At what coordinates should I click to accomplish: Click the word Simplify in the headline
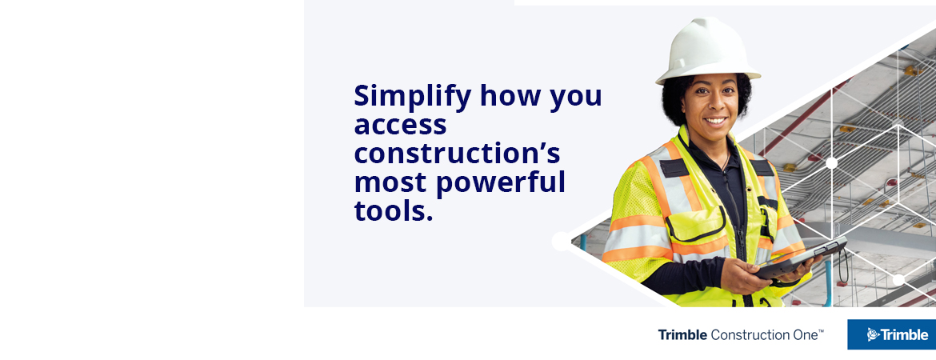(412, 96)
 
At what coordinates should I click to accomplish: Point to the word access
(400, 126)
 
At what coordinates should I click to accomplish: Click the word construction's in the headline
(457, 154)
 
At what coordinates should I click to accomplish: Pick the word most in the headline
(390, 182)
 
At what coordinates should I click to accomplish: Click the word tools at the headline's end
(390, 211)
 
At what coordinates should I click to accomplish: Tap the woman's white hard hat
(708, 50)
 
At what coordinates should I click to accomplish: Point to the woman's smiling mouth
(715, 122)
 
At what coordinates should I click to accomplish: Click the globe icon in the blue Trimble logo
(873, 334)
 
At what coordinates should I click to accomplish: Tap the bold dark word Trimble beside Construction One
(682, 334)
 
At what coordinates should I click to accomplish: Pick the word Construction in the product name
(747, 334)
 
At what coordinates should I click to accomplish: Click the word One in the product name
(802, 334)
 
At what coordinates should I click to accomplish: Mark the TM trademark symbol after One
(821, 330)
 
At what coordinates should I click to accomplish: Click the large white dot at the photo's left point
(562, 241)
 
